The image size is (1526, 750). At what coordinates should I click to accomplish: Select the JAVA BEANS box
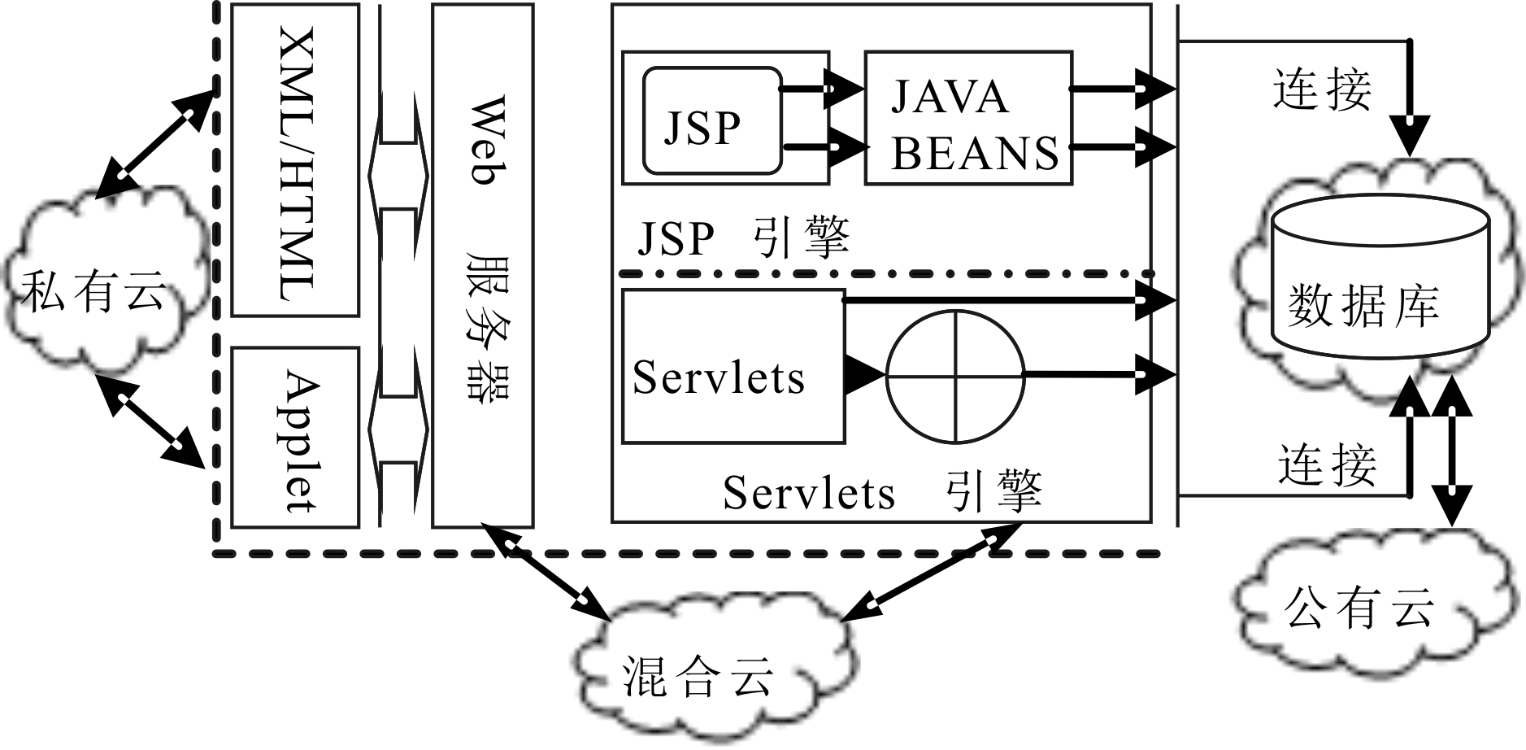(x=968, y=118)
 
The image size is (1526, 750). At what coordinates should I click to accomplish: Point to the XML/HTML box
(x=295, y=160)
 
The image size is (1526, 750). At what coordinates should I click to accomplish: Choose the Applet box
(x=295, y=438)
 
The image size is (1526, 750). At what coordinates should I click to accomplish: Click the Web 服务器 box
(x=483, y=266)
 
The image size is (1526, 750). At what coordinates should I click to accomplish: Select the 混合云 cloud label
(x=698, y=677)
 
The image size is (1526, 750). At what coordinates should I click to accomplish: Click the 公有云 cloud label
(x=1359, y=607)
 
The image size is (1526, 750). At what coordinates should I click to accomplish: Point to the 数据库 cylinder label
(x=1363, y=306)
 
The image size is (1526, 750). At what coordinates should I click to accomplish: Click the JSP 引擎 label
(x=743, y=238)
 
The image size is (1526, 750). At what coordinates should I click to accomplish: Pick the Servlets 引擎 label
(x=882, y=491)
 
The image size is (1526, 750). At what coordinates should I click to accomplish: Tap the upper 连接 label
(x=1323, y=89)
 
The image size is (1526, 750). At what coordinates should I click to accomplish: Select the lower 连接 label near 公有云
(x=1327, y=465)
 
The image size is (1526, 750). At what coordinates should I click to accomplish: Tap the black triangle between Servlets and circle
(x=863, y=375)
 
